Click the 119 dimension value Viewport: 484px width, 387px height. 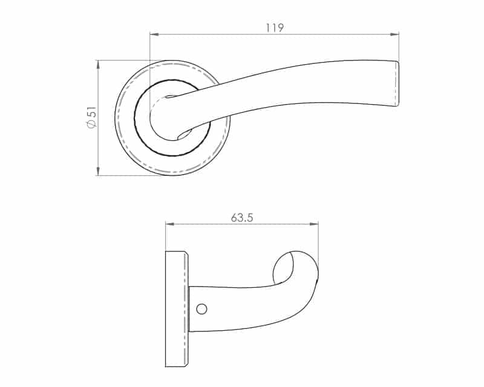(275, 28)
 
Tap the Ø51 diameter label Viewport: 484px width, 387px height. (92, 117)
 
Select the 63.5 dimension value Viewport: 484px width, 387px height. (242, 218)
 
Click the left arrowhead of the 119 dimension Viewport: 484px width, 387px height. (154, 34)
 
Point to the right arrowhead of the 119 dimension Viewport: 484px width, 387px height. (394, 34)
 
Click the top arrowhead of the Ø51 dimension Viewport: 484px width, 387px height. (98, 65)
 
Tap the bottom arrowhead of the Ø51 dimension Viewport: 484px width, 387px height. (98, 171)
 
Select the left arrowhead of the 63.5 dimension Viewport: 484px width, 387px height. (170, 224)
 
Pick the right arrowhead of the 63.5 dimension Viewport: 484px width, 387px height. (313, 224)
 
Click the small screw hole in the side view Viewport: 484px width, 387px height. (201, 309)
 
